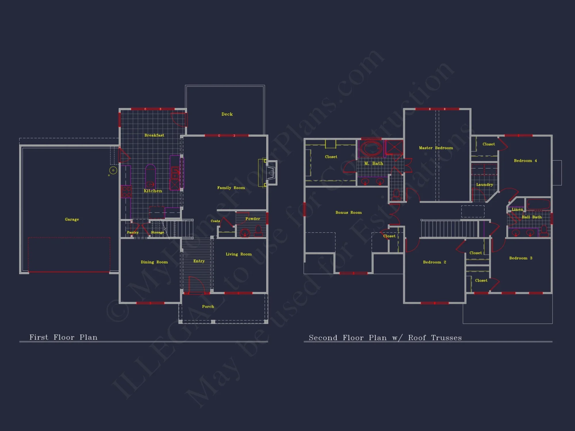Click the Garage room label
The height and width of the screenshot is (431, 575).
pyautogui.click(x=72, y=220)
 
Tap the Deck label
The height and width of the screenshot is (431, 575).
pyautogui.click(x=227, y=114)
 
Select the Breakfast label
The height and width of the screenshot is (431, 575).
pyautogui.click(x=154, y=135)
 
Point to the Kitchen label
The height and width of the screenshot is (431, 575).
pyautogui.click(x=153, y=191)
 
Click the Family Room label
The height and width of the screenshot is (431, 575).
pyautogui.click(x=231, y=188)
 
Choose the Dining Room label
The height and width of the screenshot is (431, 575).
pyautogui.click(x=154, y=262)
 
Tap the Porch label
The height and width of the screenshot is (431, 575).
pyautogui.click(x=208, y=307)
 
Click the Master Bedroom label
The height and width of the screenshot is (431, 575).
pyautogui.click(x=436, y=148)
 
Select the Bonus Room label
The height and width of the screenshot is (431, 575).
pyautogui.click(x=348, y=213)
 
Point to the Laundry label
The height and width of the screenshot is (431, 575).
pyautogui.click(x=484, y=185)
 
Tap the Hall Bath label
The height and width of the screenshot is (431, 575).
pyautogui.click(x=532, y=217)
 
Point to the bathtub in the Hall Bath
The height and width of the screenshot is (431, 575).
pyautogui.click(x=538, y=204)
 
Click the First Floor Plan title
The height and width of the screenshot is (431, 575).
pyautogui.click(x=64, y=337)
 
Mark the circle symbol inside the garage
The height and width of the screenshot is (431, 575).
pyautogui.click(x=113, y=170)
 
